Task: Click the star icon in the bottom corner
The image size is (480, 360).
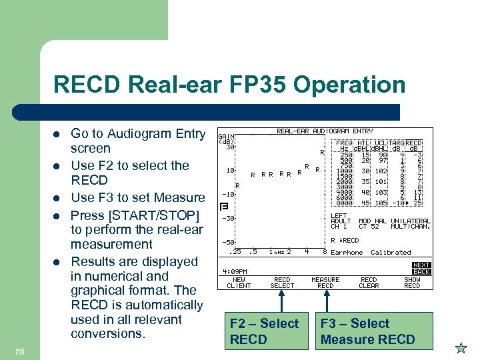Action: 461,347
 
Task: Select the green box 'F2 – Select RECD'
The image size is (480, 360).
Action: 264,331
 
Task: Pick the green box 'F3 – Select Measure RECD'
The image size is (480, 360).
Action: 367,331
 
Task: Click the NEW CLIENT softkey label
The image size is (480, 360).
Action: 239,283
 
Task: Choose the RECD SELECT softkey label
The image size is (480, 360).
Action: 282,283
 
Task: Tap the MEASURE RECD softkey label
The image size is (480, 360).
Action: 325,283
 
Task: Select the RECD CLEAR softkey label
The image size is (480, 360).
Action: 369,283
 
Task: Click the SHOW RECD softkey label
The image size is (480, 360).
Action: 412,283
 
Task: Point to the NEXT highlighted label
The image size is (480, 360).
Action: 421,265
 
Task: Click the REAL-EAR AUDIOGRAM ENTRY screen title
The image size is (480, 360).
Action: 325,131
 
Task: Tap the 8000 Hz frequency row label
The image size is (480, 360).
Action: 343,203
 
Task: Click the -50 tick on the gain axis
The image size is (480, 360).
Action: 227,242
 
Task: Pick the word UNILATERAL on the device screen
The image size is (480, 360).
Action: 411,221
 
